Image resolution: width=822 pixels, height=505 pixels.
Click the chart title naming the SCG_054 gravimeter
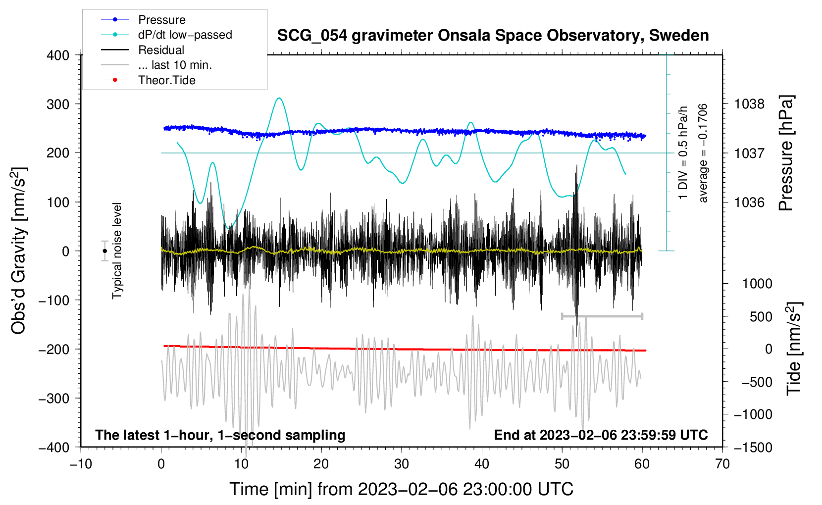click(493, 36)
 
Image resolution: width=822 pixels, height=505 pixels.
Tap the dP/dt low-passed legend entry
click(185, 35)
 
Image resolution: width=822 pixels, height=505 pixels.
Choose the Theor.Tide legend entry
click(167, 80)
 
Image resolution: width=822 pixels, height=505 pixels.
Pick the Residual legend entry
click(161, 50)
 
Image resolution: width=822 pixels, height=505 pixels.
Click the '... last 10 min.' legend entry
click(175, 65)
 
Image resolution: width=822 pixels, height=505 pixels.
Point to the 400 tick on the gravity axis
click(58, 55)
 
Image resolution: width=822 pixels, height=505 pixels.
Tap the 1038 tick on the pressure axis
click(749, 104)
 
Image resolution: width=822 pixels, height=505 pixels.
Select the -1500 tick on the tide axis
click(753, 447)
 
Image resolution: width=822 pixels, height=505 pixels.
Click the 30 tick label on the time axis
click(402, 464)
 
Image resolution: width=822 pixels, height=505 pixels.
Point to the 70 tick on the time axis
click(722, 464)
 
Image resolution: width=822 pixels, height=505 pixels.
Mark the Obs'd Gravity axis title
click(19, 251)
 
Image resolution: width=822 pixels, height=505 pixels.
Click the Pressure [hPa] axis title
click(786, 153)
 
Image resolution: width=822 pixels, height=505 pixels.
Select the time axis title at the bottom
click(401, 489)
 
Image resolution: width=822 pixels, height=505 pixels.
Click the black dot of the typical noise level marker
click(104, 251)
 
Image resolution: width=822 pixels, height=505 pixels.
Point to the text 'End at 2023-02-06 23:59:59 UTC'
click(601, 435)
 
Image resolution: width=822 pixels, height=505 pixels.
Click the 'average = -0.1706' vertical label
click(703, 153)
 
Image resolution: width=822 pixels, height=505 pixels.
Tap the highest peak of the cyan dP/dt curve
click(280, 98)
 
